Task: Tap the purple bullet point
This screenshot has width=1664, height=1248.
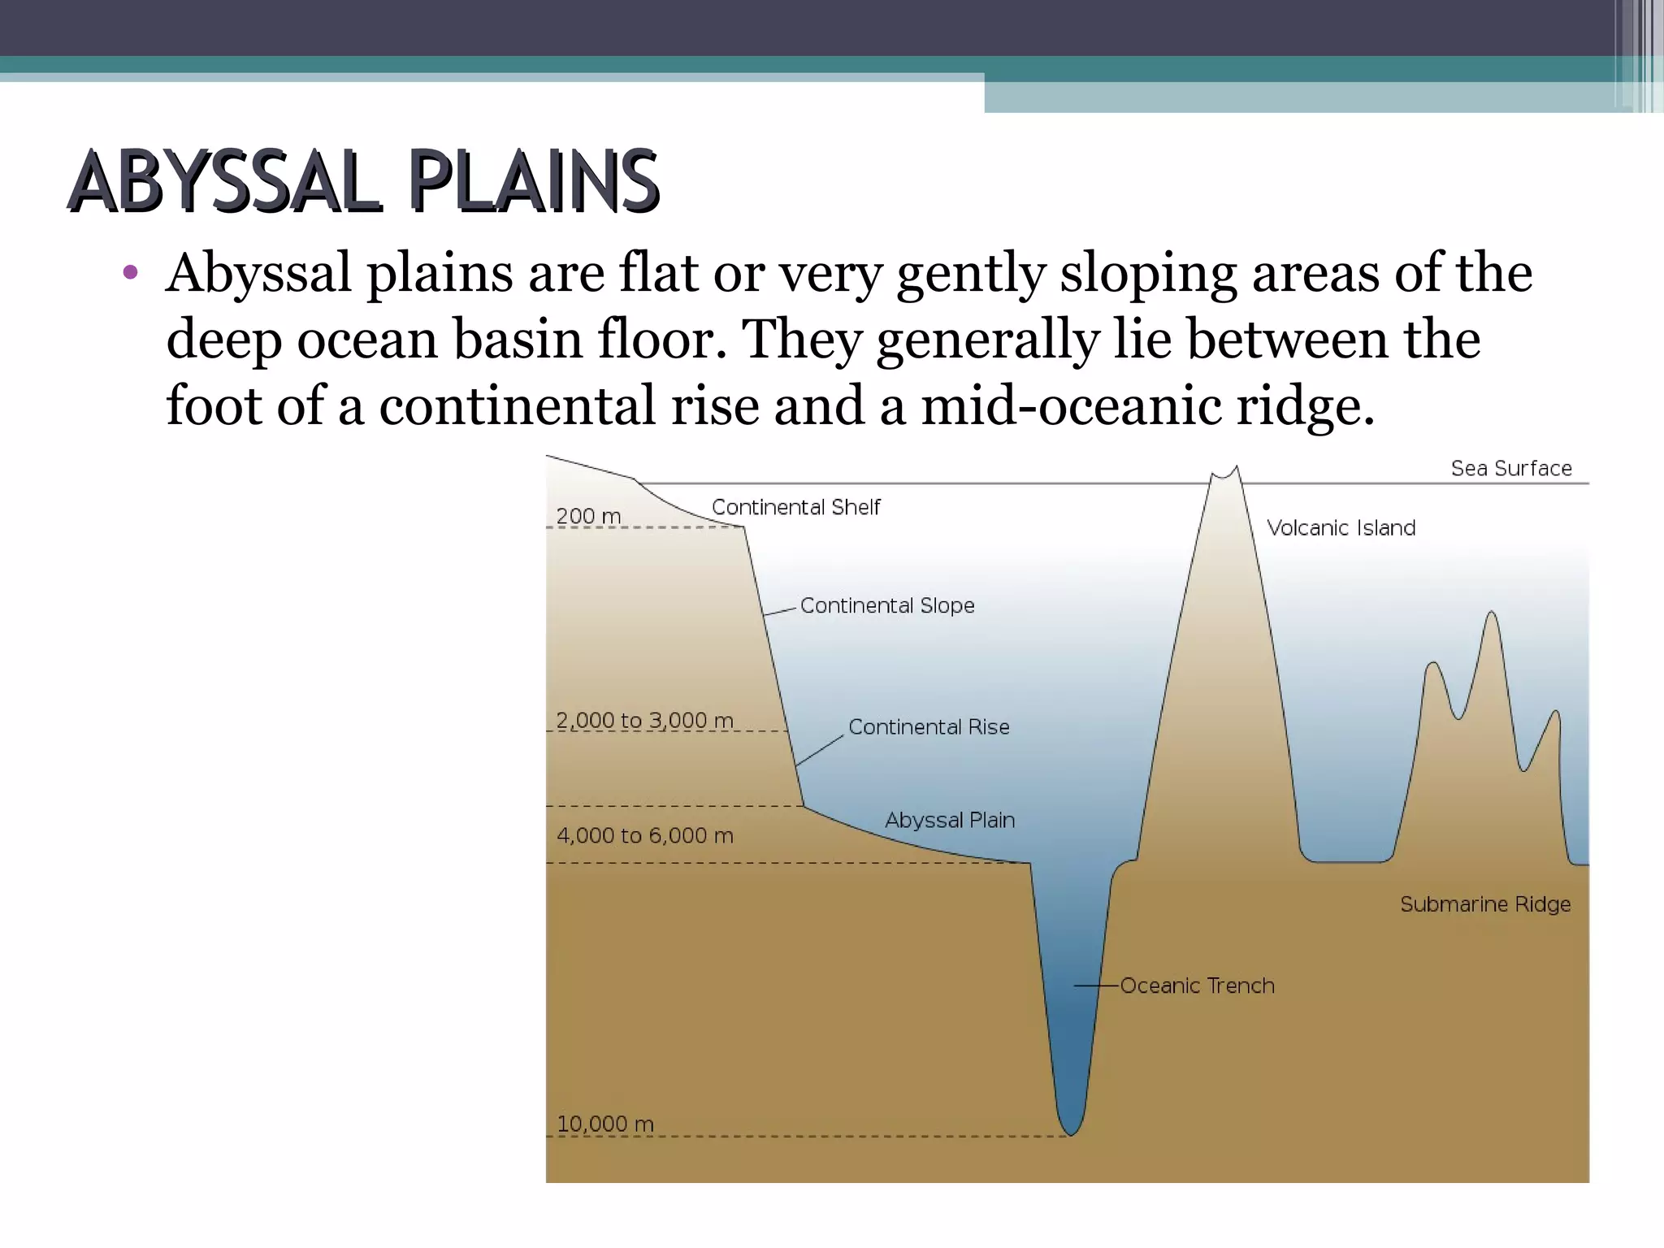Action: pos(130,272)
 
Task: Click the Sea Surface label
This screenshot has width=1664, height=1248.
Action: pos(1511,468)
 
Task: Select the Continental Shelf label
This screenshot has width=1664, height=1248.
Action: pos(795,507)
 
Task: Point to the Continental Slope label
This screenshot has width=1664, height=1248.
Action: pos(886,605)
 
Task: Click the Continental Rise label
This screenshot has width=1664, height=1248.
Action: pos(929,726)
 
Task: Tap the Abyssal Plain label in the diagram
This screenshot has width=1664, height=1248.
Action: pos(950,820)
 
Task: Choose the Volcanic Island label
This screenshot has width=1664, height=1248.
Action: pos(1341,528)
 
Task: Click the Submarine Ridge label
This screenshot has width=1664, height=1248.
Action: pos(1485,904)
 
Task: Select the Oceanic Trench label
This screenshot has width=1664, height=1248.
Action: pos(1197,986)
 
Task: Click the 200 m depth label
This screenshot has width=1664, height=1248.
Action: pos(588,516)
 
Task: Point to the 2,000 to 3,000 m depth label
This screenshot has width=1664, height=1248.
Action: pos(644,720)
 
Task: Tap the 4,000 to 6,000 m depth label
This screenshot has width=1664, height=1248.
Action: pos(644,835)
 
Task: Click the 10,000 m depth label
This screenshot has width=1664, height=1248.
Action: pos(605,1124)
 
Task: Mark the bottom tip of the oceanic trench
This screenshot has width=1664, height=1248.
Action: pos(1071,1134)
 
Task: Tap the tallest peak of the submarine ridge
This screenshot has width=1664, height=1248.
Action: pos(1492,613)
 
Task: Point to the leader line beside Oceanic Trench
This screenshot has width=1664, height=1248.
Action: pos(1096,986)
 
